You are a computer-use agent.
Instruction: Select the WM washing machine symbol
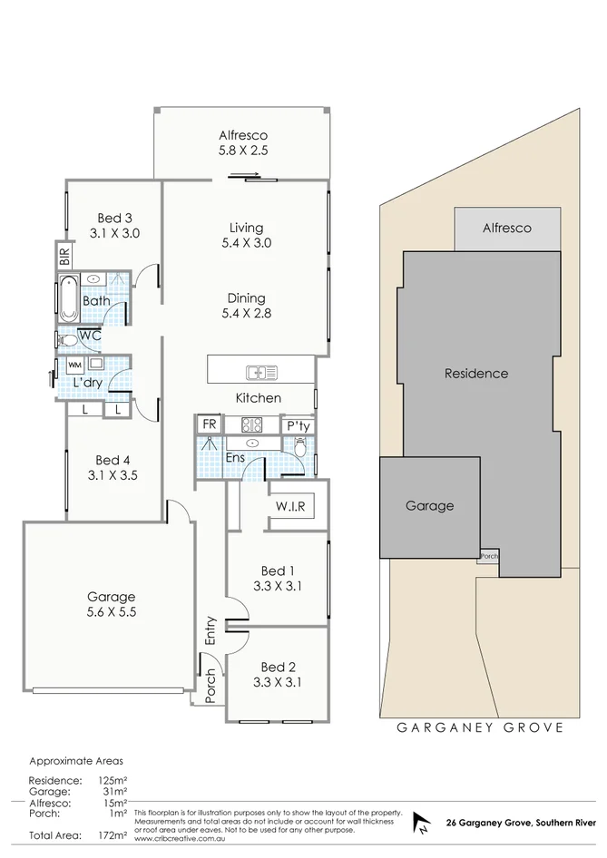[73, 366]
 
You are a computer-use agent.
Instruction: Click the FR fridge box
[209, 424]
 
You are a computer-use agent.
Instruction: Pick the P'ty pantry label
[297, 425]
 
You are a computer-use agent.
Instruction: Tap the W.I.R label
[290, 506]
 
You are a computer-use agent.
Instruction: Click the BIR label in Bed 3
[64, 258]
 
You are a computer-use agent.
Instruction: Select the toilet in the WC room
[68, 340]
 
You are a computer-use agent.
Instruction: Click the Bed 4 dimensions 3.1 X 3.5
[113, 474]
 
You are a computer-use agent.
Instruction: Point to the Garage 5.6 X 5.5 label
[111, 604]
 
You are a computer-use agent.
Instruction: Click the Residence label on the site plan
[475, 373]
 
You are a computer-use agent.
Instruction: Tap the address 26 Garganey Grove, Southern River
[521, 824]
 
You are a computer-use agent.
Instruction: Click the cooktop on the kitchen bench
[250, 424]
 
